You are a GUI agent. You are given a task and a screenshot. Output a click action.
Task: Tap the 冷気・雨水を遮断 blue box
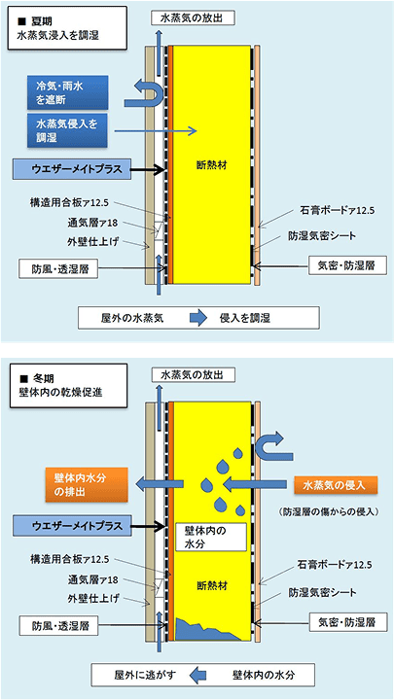click(x=67, y=92)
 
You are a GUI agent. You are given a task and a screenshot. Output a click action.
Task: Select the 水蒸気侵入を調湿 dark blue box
click(x=67, y=130)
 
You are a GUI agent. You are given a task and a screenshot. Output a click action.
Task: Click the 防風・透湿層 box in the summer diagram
click(x=58, y=269)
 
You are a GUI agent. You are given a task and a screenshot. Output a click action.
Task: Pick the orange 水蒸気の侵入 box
click(x=335, y=486)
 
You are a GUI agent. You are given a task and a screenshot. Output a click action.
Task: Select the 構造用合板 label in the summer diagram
click(x=71, y=204)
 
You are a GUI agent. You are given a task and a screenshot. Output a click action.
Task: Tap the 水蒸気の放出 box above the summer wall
click(x=193, y=18)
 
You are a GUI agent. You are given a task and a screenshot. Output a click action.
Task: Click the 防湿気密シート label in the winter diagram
click(x=322, y=593)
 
